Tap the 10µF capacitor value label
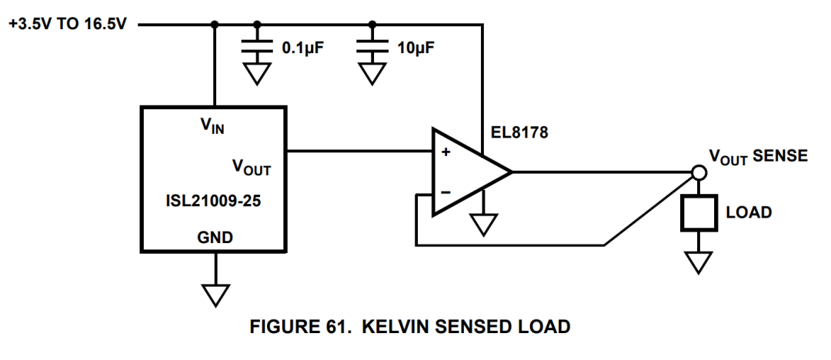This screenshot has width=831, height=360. click(x=416, y=48)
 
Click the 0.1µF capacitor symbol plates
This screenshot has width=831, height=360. click(x=258, y=48)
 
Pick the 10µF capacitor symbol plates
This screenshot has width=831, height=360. click(x=372, y=48)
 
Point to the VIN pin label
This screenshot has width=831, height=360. click(x=212, y=125)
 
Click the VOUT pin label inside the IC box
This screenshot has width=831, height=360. click(x=251, y=167)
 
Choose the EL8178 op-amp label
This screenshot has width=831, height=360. click(x=519, y=133)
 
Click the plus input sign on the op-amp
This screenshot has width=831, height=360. click(x=445, y=152)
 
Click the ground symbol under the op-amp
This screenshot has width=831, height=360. click(x=483, y=224)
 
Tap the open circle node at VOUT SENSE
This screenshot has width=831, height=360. click(x=698, y=172)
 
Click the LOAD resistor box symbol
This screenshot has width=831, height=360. click(x=698, y=212)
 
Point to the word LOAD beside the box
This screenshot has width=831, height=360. click(x=749, y=212)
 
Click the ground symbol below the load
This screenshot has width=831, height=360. click(x=698, y=262)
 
